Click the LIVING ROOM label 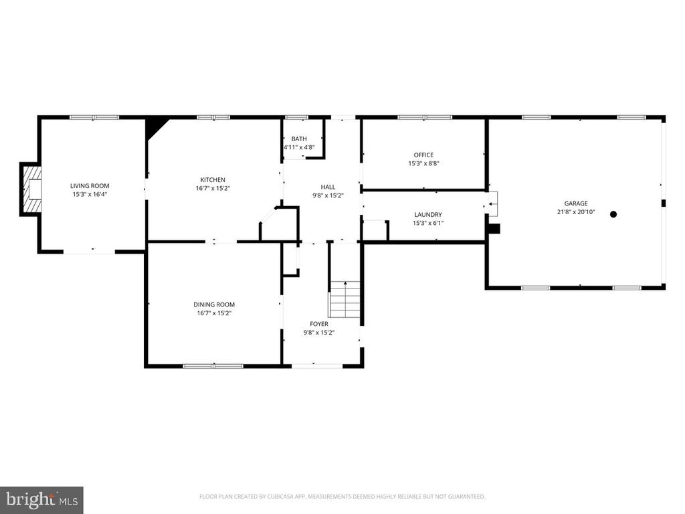(90, 186)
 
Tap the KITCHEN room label (213, 179)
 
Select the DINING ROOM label (214, 305)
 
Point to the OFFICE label (423, 155)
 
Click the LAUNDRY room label (428, 215)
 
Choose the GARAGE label (576, 203)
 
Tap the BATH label (299, 139)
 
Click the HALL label (328, 187)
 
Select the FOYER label (319, 324)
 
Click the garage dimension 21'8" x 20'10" (576, 212)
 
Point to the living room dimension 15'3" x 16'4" (90, 195)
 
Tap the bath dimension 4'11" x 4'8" (299, 147)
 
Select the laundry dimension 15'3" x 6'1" (428, 223)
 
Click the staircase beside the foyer (345, 299)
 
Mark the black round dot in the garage (613, 214)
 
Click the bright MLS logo (41, 500)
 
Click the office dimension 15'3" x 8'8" (423, 163)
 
